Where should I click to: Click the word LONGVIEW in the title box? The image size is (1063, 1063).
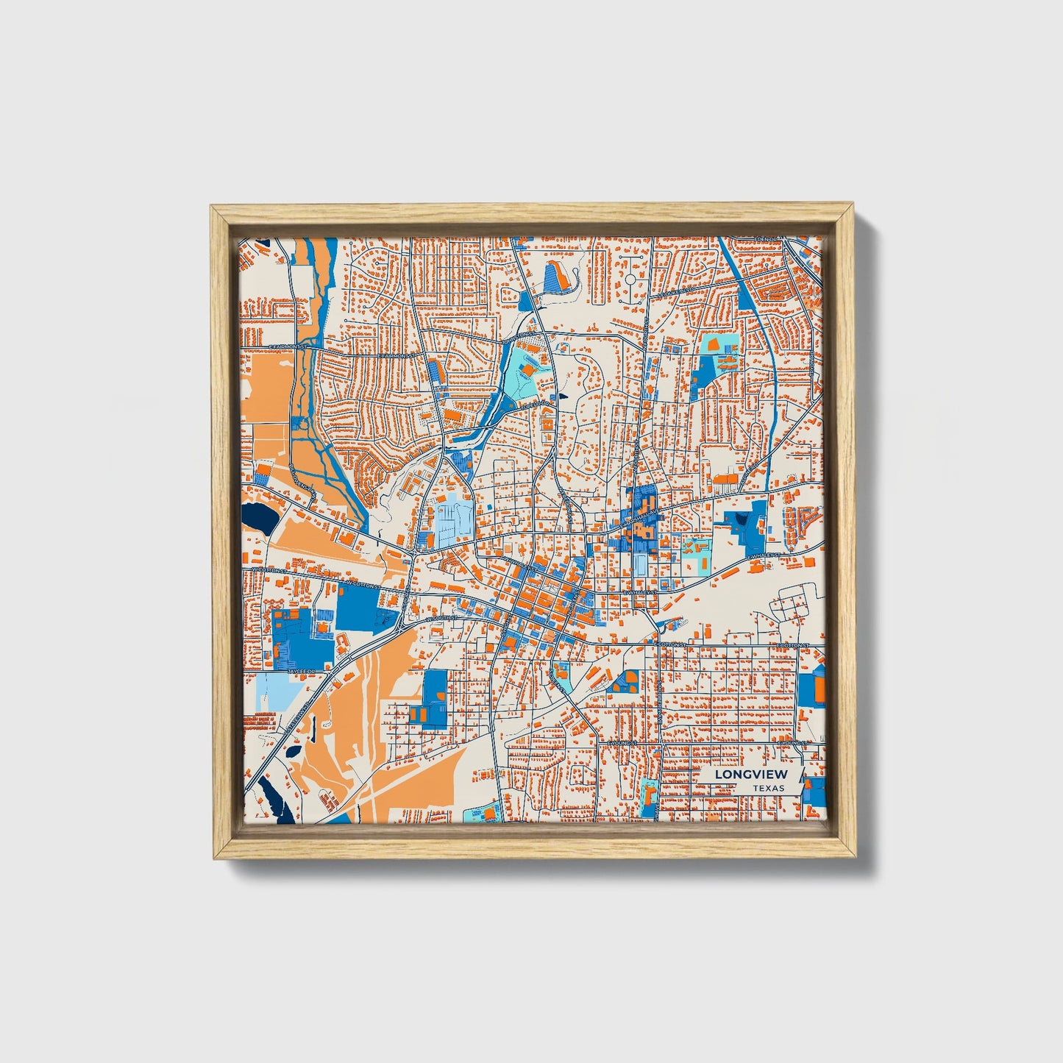tap(750, 774)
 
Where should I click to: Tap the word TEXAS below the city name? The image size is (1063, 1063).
tap(768, 789)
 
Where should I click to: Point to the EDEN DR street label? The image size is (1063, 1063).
tap(767, 240)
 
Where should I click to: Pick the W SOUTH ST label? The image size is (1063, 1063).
tap(441, 618)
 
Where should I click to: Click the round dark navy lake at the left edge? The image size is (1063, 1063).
tap(260, 519)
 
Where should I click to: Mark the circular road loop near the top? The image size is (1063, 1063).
tap(631, 280)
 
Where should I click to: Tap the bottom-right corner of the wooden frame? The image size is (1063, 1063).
tap(856, 858)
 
